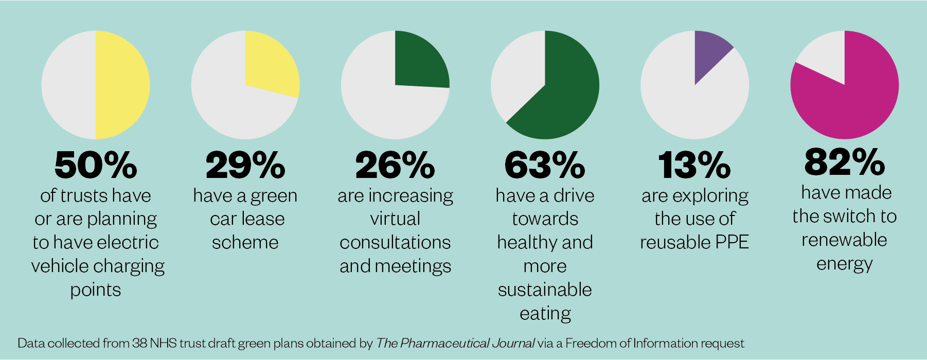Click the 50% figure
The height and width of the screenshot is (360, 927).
(x=96, y=165)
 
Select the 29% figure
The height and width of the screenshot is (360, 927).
(x=245, y=165)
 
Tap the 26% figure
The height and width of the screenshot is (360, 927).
(x=395, y=165)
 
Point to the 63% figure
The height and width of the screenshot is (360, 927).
(x=545, y=165)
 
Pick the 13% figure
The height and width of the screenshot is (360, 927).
(x=694, y=165)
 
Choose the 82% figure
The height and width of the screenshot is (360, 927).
(x=844, y=161)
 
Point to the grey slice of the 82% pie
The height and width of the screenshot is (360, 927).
(x=826, y=57)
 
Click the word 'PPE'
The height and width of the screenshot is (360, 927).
(x=732, y=242)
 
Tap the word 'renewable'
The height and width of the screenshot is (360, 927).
(x=844, y=240)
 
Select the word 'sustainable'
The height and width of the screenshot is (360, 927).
(x=545, y=290)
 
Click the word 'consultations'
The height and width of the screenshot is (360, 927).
(x=395, y=242)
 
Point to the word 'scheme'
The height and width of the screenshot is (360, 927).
(x=245, y=242)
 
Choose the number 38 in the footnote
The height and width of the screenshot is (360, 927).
(x=139, y=343)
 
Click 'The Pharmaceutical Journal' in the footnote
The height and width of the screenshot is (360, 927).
(x=455, y=343)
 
